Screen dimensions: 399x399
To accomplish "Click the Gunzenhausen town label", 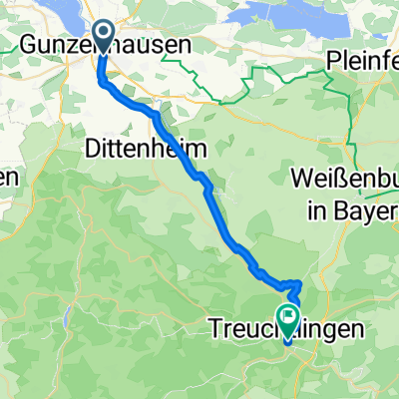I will point(105,44).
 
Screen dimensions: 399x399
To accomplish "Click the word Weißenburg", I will point(344,180).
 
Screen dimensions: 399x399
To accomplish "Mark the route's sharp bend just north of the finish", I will point(296,283).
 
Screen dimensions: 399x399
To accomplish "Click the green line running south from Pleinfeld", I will point(352,120).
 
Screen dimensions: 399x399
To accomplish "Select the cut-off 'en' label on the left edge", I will point(9,179).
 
